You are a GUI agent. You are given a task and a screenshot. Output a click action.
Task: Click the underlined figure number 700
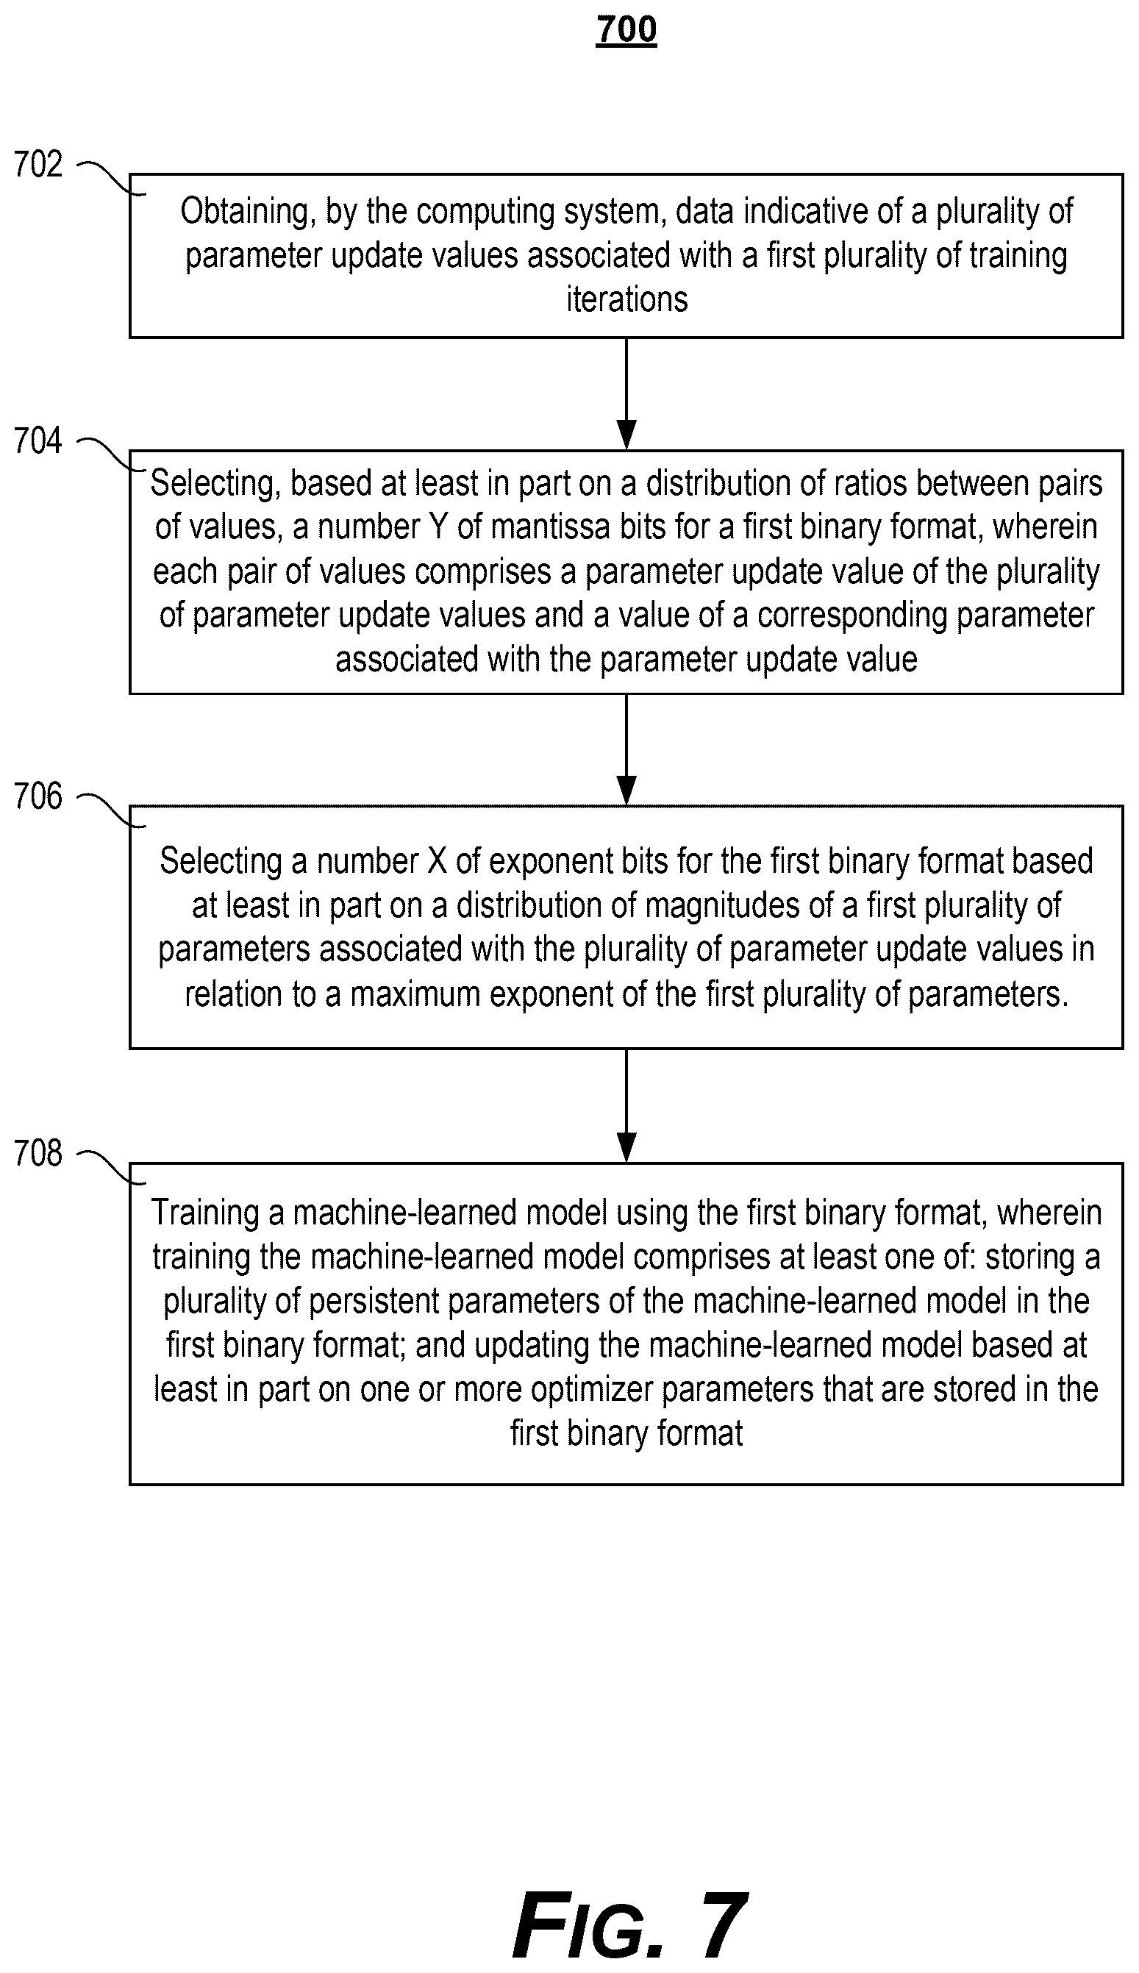626,30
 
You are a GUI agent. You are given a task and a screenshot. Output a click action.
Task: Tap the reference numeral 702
38,164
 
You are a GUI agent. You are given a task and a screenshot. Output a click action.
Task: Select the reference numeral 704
38,441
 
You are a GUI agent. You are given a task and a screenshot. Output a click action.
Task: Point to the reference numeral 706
38,796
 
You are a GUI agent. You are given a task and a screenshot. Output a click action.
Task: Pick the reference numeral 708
38,1153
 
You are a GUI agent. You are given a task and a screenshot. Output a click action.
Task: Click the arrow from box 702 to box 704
626,393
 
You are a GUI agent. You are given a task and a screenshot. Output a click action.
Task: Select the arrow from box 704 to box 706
626,749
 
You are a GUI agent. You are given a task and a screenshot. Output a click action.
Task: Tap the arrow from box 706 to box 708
626,1105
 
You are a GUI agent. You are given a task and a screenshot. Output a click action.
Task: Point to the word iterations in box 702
626,299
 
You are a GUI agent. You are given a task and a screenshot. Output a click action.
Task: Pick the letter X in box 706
437,861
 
